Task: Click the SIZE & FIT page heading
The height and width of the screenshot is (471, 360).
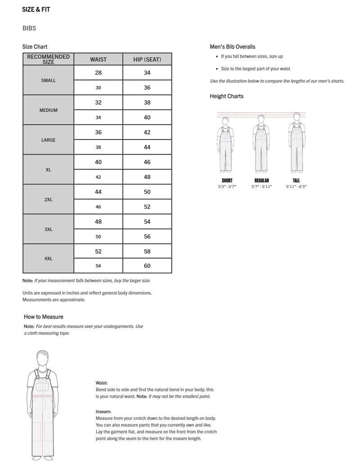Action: [36, 9]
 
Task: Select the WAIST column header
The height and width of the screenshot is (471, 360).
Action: [98, 59]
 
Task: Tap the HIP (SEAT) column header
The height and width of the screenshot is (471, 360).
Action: [147, 59]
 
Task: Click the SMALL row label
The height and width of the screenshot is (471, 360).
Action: [48, 81]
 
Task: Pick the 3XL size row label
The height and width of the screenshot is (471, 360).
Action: [48, 229]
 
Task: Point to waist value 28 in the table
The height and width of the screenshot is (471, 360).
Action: [98, 73]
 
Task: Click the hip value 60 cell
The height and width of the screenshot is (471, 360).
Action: [147, 266]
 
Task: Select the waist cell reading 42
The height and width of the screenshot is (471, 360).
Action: [98, 177]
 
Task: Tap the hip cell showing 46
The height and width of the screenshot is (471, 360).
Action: [147, 162]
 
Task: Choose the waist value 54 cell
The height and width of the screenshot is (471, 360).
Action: [98, 266]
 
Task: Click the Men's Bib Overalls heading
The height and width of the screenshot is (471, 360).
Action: [232, 47]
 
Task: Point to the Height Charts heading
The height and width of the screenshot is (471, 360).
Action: [226, 96]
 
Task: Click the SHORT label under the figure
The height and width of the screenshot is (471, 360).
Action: [227, 180]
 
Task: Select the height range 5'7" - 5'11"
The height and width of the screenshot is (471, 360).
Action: [261, 186]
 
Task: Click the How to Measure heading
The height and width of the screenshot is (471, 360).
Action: [44, 317]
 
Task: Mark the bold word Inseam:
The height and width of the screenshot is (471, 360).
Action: [103, 412]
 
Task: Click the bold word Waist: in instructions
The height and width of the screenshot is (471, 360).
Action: [102, 383]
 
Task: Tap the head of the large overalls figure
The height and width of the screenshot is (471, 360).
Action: [43, 359]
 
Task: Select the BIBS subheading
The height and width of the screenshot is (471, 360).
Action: [29, 28]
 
